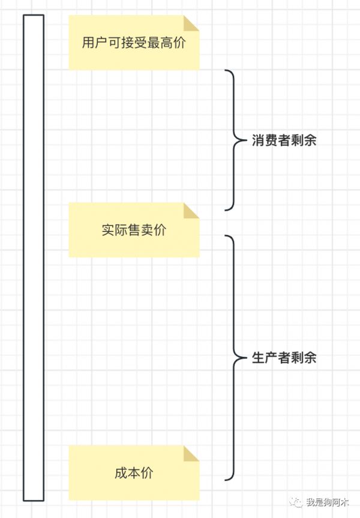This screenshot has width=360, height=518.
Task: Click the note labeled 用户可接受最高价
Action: [134, 43]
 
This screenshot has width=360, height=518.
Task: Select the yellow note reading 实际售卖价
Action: [134, 230]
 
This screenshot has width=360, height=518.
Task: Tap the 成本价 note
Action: [134, 473]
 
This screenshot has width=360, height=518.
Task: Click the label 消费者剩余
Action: [284, 140]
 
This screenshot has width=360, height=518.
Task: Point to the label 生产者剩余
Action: [284, 358]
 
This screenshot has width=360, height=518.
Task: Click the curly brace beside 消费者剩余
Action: [236, 140]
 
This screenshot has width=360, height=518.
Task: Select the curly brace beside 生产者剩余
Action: [236, 358]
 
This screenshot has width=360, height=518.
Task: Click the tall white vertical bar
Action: [34, 258]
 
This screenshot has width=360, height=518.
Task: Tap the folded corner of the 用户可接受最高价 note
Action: [191, 23]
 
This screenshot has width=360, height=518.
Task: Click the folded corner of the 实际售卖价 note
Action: [191, 211]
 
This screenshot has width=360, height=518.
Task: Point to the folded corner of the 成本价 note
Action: [191, 453]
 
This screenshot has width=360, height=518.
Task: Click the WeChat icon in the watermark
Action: [296, 502]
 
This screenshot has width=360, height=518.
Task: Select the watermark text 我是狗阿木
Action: [327, 502]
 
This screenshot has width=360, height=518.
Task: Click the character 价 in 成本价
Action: [147, 473]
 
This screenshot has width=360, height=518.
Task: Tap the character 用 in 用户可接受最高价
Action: [89, 43]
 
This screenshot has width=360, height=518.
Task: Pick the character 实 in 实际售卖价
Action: [108, 230]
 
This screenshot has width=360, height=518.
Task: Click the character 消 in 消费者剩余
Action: [259, 140]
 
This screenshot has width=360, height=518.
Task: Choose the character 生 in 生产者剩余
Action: [259, 358]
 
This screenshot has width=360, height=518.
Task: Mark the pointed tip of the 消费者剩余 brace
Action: [247, 140]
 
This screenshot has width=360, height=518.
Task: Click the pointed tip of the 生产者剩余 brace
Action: [247, 358]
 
